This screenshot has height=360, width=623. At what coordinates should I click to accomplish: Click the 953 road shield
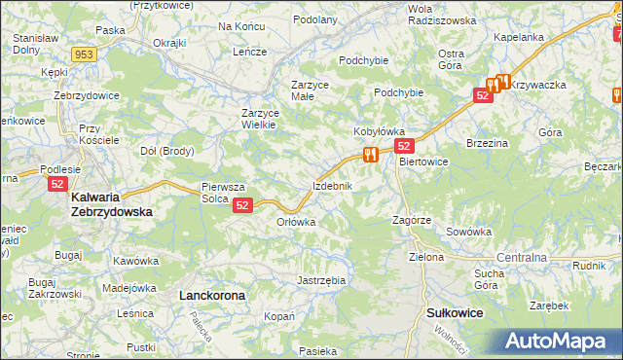tap(84, 54)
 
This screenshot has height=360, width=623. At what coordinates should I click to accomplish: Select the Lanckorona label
tap(212, 293)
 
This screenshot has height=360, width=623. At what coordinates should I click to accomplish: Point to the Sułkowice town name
tap(456, 312)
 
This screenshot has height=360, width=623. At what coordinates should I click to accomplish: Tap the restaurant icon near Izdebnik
tap(369, 154)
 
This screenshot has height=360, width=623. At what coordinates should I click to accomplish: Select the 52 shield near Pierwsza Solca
tap(243, 204)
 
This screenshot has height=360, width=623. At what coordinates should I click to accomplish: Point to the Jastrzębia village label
tap(320, 280)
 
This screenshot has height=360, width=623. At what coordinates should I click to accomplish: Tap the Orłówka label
tap(297, 221)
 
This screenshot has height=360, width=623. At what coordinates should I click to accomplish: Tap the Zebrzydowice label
tap(86, 95)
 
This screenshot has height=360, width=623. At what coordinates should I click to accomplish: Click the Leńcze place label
tap(249, 52)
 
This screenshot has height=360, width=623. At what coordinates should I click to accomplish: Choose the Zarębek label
tap(549, 305)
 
